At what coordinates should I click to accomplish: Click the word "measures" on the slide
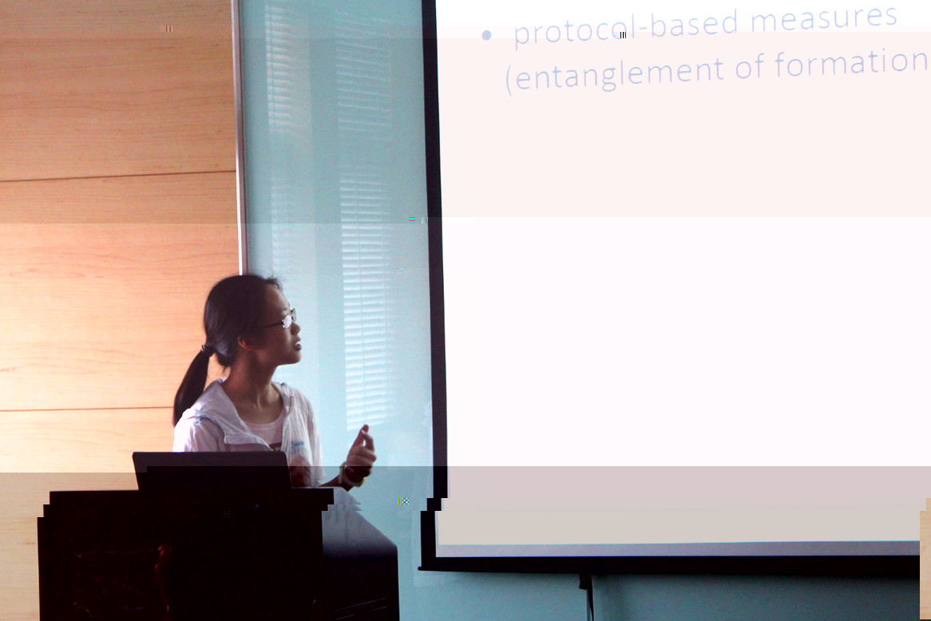[823, 20]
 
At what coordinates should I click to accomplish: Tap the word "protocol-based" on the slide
[627, 28]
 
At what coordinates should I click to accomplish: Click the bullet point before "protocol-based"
[486, 35]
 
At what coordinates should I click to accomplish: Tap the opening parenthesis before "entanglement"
[509, 81]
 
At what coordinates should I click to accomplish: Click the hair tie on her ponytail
[208, 350]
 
